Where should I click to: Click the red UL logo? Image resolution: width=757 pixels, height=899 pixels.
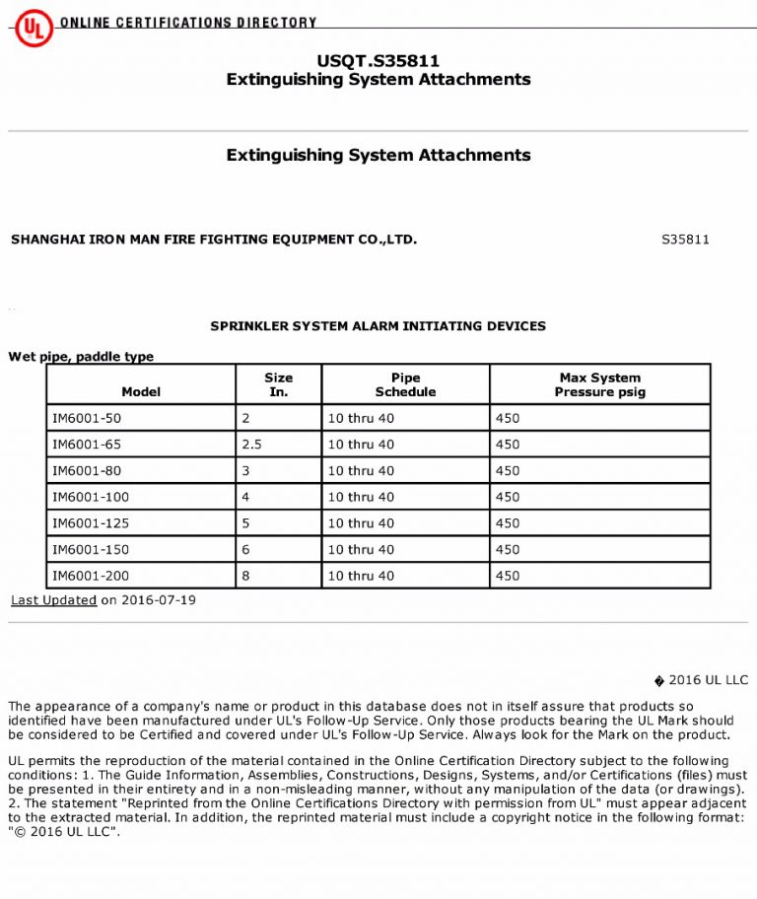33,30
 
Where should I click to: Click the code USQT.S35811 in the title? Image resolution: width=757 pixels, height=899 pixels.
378,61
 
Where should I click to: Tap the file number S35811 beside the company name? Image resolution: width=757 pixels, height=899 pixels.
685,240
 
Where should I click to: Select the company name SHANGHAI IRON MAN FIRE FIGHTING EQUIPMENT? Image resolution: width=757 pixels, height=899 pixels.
214,240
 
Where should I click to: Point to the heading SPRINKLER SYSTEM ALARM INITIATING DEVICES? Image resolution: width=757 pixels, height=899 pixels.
378,326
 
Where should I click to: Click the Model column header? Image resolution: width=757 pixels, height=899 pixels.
141,391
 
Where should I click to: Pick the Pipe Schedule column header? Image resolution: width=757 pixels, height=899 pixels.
405,384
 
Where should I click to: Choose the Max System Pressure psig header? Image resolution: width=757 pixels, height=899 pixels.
599,384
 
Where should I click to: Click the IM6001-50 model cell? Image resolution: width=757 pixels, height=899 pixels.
87,418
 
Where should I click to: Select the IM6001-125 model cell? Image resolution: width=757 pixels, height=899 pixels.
90,523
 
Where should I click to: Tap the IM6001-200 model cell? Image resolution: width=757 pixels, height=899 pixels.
90,576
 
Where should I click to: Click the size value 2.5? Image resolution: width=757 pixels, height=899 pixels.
251,445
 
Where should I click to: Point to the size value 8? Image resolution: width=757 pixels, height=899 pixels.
245,576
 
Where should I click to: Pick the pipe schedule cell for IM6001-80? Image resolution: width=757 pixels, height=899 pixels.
361,471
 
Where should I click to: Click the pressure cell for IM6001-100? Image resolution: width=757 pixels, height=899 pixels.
507,497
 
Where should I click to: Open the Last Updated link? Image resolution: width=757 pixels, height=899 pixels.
54,600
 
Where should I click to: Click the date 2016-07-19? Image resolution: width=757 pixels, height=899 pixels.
159,600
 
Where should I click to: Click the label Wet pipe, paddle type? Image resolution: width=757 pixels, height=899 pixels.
81,357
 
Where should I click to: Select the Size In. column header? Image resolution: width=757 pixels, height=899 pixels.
278,384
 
